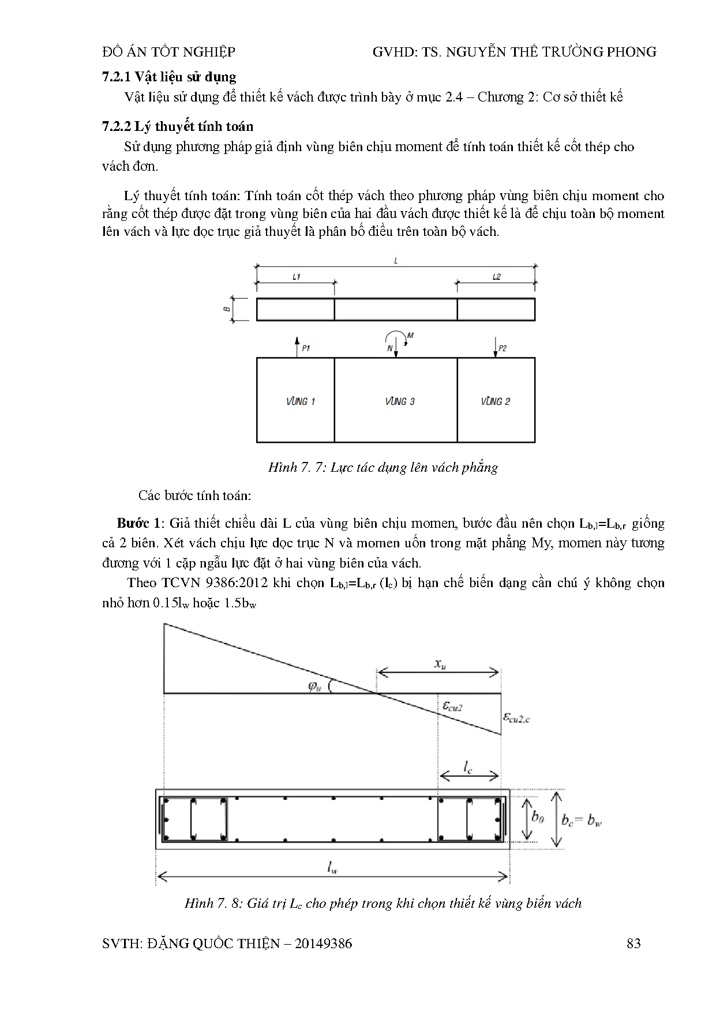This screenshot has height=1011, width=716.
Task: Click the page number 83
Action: pyautogui.click(x=633, y=943)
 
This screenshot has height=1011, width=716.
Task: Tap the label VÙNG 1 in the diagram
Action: pyautogui.click(x=300, y=401)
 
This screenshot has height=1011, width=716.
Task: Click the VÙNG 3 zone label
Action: pyautogui.click(x=399, y=401)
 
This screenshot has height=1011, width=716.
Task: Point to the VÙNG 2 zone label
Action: pyautogui.click(x=495, y=401)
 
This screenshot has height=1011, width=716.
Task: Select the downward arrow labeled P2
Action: pyautogui.click(x=496, y=347)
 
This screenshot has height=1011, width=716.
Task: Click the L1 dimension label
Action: pyautogui.click(x=296, y=277)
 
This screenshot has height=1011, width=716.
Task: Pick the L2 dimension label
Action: pyautogui.click(x=496, y=277)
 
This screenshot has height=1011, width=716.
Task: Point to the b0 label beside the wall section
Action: pyautogui.click(x=537, y=817)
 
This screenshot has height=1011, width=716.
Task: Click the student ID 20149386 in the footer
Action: pyautogui.click(x=323, y=943)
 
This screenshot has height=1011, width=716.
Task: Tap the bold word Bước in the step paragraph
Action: pyautogui.click(x=133, y=523)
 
